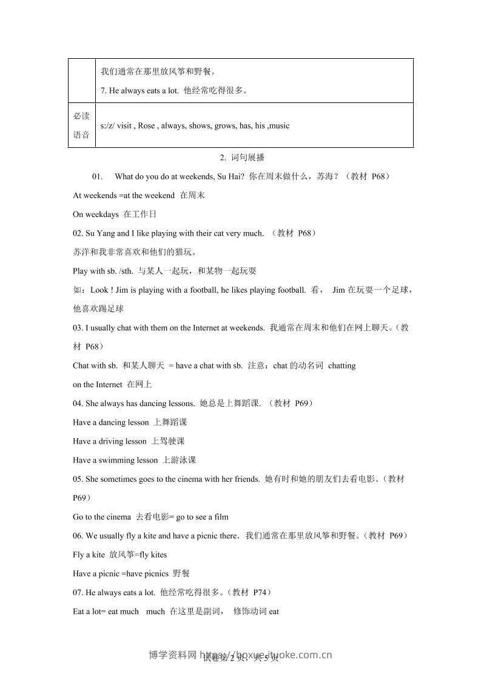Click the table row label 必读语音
coord(81,125)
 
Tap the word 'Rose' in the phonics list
coord(146,126)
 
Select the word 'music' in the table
coord(278,126)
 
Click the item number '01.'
coord(98,177)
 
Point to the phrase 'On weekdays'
coord(95,215)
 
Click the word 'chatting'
coord(341,366)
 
